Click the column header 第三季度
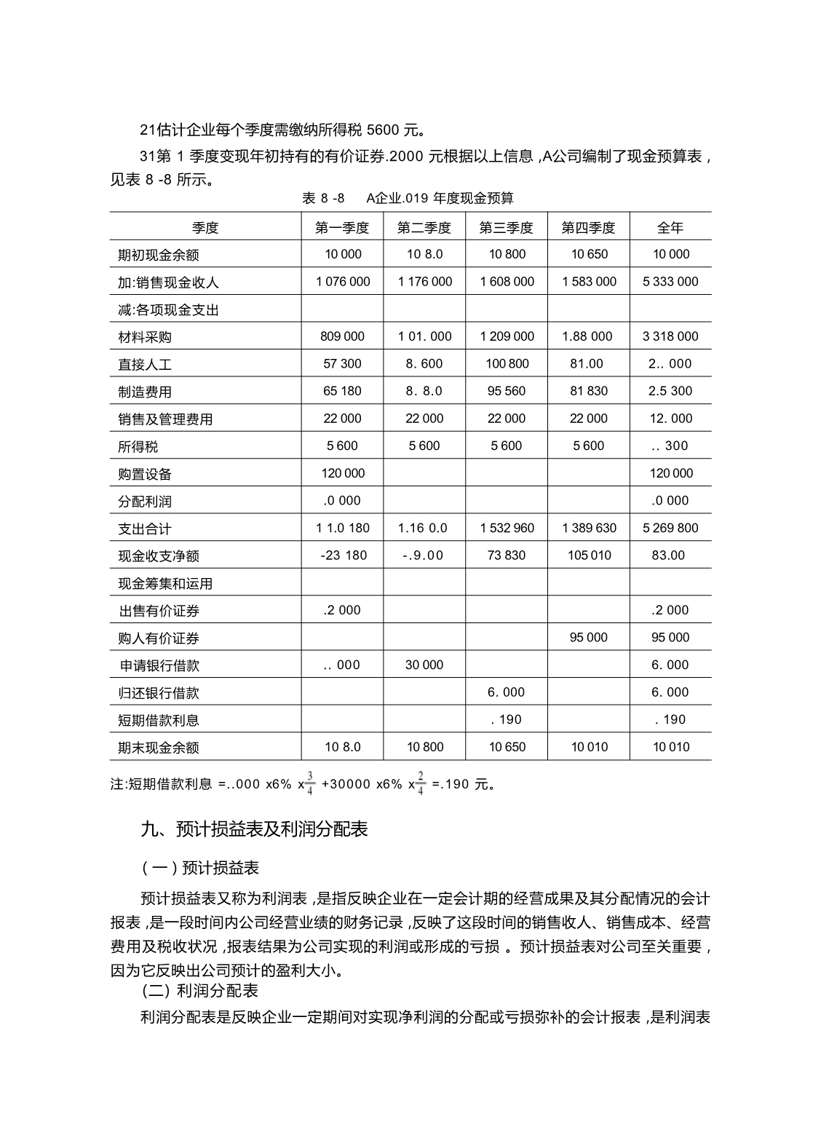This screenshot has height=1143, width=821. pyautogui.click(x=506, y=228)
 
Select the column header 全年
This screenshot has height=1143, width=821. pyautogui.click(x=670, y=228)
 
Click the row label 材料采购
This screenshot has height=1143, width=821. pyautogui.click(x=145, y=337)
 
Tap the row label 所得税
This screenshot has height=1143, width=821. pyautogui.click(x=138, y=446)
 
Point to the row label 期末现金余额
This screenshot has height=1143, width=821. pyautogui.click(x=158, y=748)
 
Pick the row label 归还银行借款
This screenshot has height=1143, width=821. pyautogui.click(x=158, y=693)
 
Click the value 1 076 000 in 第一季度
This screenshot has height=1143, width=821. pyautogui.click(x=343, y=282)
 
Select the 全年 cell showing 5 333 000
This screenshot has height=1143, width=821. pyautogui.click(x=670, y=282)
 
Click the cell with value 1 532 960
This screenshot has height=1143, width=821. pyautogui.click(x=507, y=528)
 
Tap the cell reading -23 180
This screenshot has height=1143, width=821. pyautogui.click(x=343, y=555)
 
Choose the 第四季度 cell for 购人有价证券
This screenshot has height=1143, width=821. pyautogui.click(x=588, y=638)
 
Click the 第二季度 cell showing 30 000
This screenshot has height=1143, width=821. pyautogui.click(x=424, y=665)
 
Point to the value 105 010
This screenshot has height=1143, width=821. pyautogui.click(x=588, y=555)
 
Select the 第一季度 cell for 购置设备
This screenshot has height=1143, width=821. pyautogui.click(x=343, y=473)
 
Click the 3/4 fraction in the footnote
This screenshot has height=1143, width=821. pyautogui.click(x=309, y=783)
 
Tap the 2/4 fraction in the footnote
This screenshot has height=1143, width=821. pyautogui.click(x=421, y=783)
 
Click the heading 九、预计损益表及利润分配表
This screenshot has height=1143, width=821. pyautogui.click(x=254, y=829)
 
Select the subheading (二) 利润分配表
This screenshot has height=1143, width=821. pyautogui.click(x=199, y=992)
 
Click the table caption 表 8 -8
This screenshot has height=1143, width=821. pyautogui.click(x=322, y=198)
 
